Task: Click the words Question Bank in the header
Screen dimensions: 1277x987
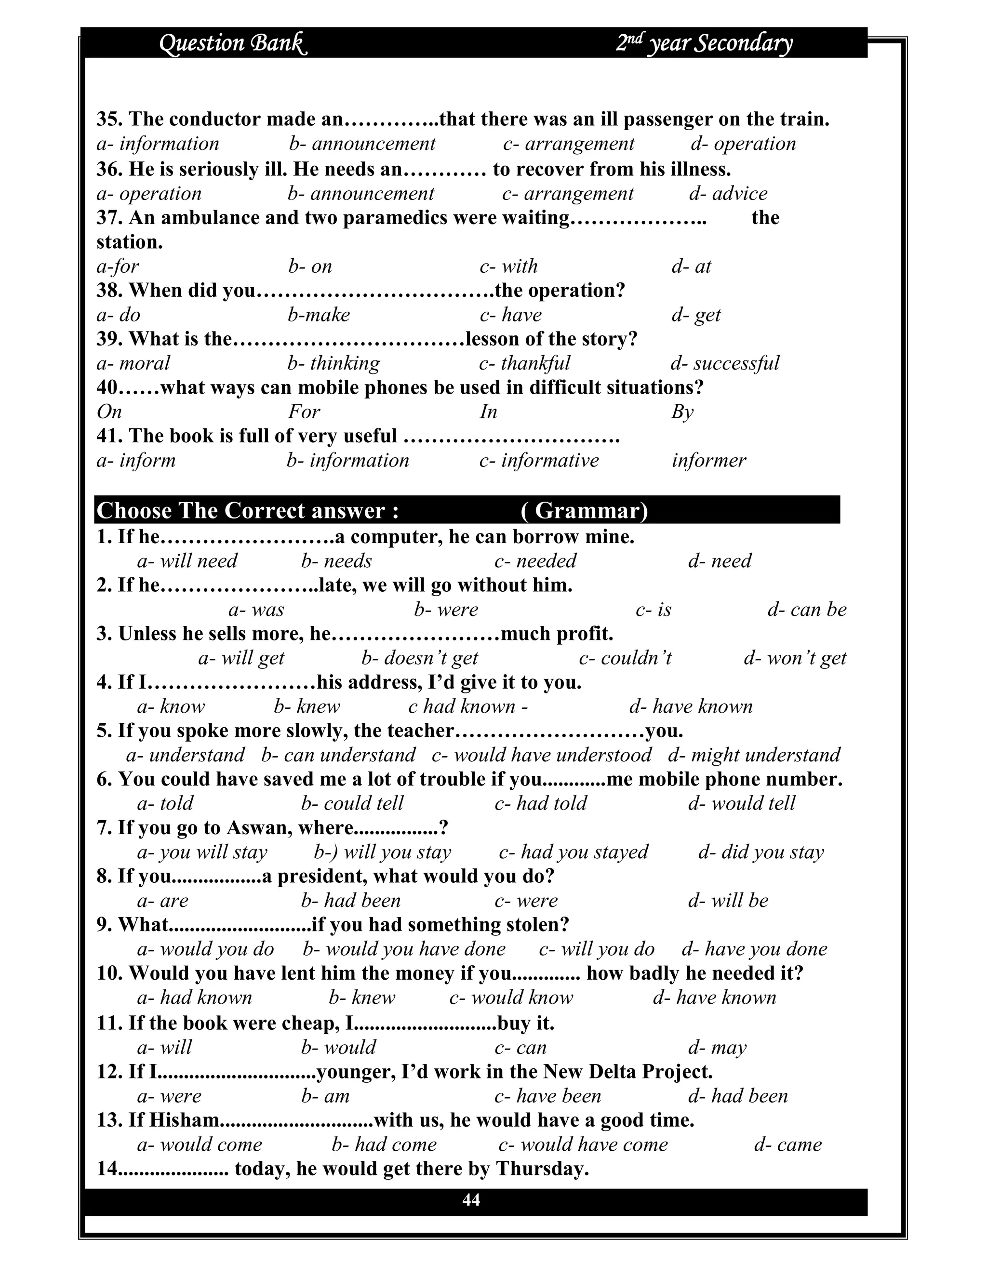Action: click(x=233, y=43)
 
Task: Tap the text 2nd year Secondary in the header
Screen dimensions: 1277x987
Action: click(x=704, y=43)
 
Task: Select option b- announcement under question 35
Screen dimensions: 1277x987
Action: click(x=362, y=144)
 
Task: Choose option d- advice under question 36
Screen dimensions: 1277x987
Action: click(x=728, y=194)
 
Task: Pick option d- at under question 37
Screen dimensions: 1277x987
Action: click(x=691, y=266)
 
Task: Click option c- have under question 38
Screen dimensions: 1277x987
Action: click(x=510, y=315)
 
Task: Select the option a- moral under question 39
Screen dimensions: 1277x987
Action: click(x=133, y=363)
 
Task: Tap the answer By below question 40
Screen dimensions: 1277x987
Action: click(x=682, y=412)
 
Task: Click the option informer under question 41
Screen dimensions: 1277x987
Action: click(x=708, y=461)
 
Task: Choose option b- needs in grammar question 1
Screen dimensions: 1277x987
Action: click(x=336, y=561)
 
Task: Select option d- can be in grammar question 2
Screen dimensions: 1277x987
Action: click(x=806, y=610)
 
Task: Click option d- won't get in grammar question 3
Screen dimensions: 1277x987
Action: click(x=795, y=658)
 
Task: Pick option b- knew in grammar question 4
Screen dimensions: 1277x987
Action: click(x=307, y=707)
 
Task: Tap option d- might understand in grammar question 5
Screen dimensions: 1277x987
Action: click(x=754, y=756)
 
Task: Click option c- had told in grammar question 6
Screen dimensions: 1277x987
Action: click(x=540, y=803)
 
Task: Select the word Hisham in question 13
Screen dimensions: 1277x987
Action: click(x=184, y=1120)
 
